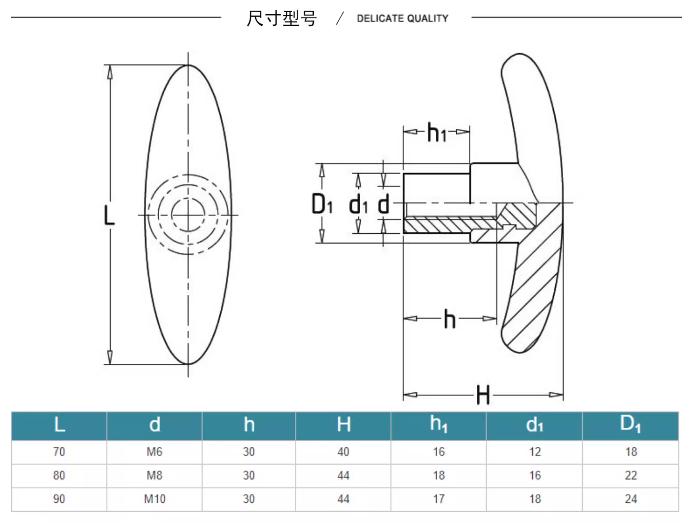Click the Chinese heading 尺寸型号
[281, 18]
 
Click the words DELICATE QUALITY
[402, 18]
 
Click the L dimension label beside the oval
[109, 215]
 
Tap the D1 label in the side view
[322, 204]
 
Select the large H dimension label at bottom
[483, 395]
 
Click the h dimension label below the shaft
[449, 319]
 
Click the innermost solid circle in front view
[188, 215]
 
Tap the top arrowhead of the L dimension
[110, 72]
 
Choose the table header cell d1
[534, 425]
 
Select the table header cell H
[343, 425]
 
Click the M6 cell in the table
[154, 452]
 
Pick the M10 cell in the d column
[154, 499]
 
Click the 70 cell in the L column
[59, 452]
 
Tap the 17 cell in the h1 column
[439, 499]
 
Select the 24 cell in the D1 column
[631, 499]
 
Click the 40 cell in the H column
[343, 452]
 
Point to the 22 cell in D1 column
[631, 475]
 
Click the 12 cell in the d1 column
[535, 452]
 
